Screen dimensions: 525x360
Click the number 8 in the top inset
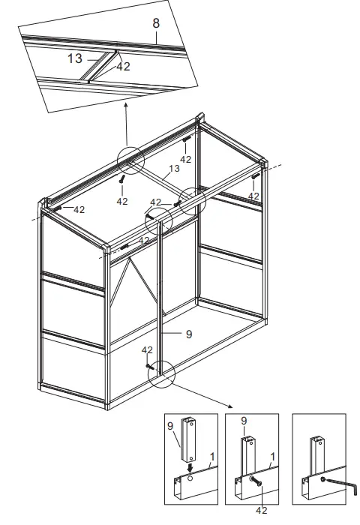(x=155, y=24)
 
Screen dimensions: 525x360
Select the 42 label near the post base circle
(x=147, y=350)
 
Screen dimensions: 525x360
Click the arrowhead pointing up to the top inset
(x=125, y=106)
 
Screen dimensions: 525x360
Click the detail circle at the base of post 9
(x=161, y=373)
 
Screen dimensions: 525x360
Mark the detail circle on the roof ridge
(x=130, y=160)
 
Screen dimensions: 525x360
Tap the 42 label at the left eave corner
(x=79, y=210)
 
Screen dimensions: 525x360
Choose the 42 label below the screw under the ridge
(x=122, y=201)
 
